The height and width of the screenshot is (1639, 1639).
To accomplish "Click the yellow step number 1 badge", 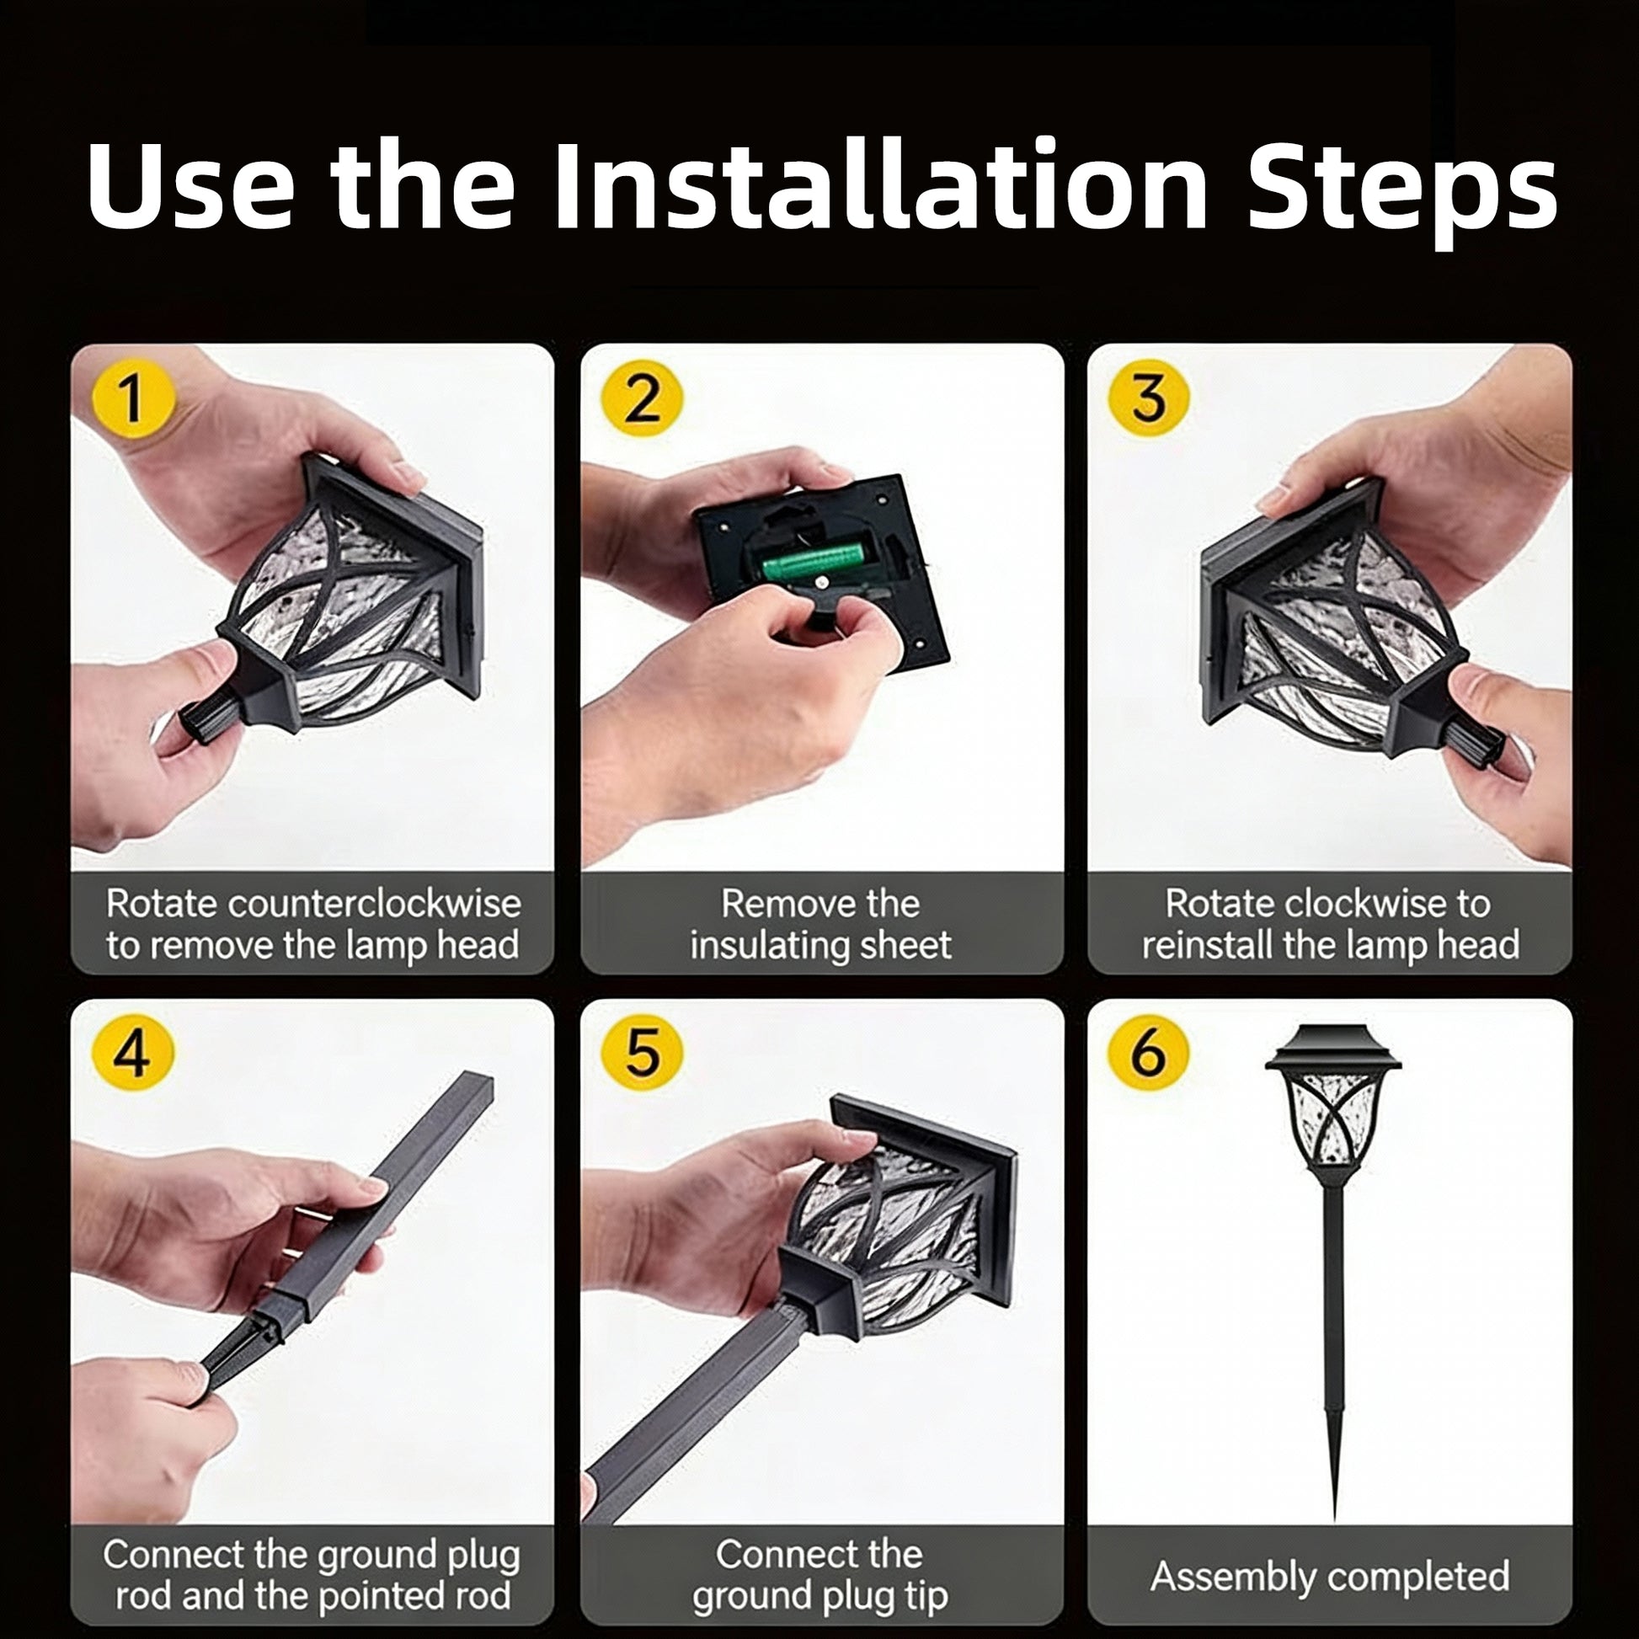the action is click(x=132, y=398).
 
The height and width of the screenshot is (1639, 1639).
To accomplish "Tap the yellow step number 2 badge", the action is click(x=641, y=398).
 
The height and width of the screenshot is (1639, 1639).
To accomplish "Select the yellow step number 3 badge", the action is click(x=1149, y=398).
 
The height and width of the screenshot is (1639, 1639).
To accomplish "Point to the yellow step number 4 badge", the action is click(x=132, y=1054).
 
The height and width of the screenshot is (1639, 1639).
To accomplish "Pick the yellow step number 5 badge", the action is click(x=641, y=1054).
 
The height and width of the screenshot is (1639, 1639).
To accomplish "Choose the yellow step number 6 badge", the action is click(x=1149, y=1054).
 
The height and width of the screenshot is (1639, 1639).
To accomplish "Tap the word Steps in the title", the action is click(x=1401, y=190).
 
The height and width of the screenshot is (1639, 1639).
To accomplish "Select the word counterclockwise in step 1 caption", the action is click(x=374, y=905).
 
